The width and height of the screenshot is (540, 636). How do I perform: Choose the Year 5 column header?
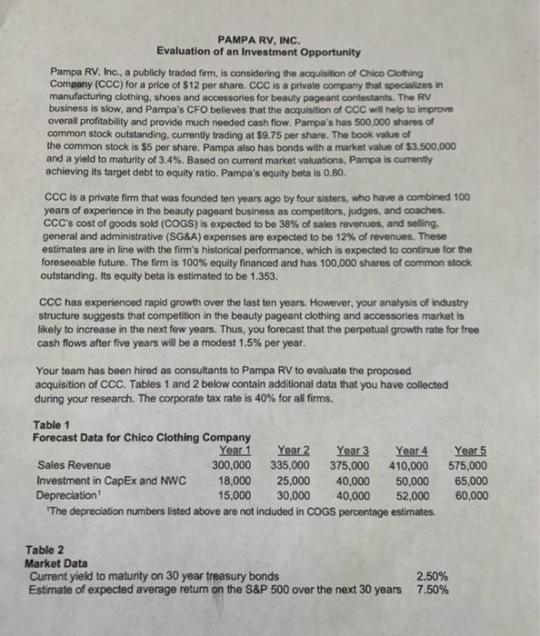(x=470, y=452)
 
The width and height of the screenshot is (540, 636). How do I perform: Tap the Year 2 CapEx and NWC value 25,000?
(x=293, y=482)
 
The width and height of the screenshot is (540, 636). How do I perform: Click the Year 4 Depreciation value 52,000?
(x=411, y=496)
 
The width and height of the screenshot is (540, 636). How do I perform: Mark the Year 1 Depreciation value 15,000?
(x=236, y=496)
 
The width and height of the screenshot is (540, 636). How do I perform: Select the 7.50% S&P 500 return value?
(x=432, y=591)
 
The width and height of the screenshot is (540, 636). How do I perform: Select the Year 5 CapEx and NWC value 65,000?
(x=470, y=482)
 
